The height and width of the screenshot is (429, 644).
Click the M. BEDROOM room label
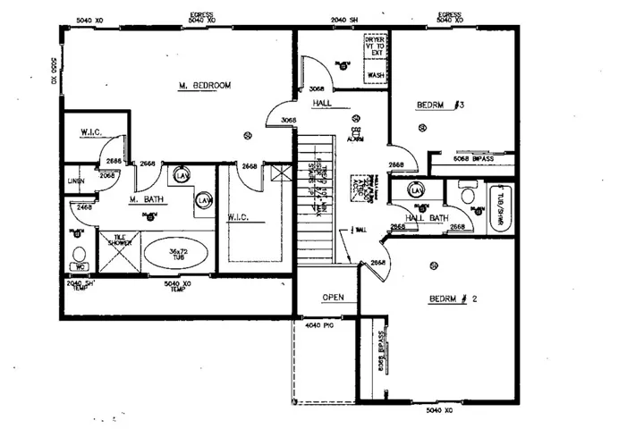click(205, 86)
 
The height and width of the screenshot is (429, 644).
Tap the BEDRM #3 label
click(441, 105)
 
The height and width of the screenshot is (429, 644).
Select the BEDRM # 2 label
click(453, 299)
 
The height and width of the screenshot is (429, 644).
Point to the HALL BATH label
click(426, 218)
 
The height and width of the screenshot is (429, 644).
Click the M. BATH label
click(144, 198)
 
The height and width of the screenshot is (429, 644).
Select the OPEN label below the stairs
click(334, 298)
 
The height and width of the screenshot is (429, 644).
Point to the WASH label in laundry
click(377, 76)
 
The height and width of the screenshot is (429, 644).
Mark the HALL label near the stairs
click(323, 105)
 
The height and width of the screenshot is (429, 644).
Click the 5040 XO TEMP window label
click(175, 287)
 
